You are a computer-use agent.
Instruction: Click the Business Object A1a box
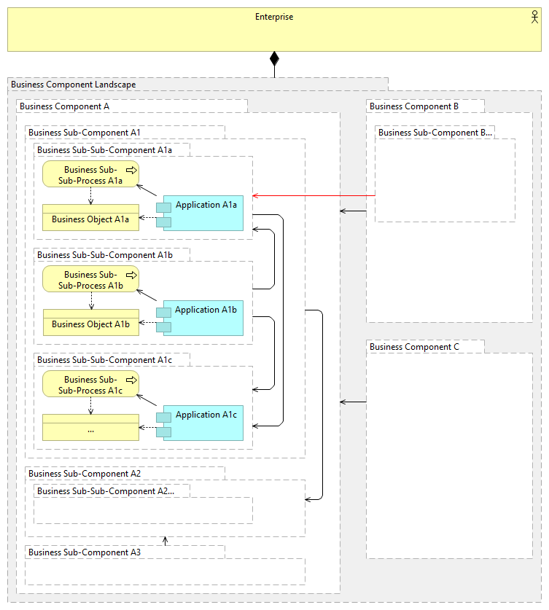pos(90,218)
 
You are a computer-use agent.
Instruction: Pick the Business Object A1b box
pos(90,323)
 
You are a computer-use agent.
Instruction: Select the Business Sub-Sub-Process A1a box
pos(90,174)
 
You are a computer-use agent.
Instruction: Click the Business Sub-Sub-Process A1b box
pos(90,279)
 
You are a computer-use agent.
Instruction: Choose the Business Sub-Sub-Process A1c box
pos(90,384)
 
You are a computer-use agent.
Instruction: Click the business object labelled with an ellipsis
pos(90,428)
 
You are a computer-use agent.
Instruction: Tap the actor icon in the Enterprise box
pos(535,17)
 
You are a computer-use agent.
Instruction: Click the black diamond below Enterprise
pos(275,59)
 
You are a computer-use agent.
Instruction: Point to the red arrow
pos(314,196)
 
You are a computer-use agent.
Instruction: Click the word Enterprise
pos(274,17)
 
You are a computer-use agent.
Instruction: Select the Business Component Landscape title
pos(74,85)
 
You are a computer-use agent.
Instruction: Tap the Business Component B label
pos(414,106)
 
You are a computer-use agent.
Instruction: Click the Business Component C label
pos(414,347)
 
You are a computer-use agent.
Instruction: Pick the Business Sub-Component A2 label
pos(85,474)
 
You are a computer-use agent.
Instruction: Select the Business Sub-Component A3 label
pos(85,552)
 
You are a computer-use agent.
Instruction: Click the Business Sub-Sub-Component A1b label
pos(105,255)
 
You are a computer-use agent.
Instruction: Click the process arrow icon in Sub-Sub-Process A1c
pos(131,380)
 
